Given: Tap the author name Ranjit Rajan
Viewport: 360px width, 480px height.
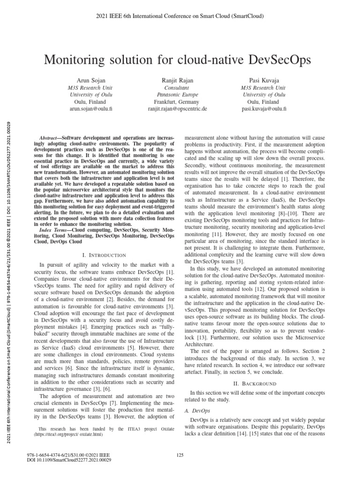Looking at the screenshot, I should (177, 81).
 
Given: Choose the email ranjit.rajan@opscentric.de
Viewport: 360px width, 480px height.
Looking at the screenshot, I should (177, 109).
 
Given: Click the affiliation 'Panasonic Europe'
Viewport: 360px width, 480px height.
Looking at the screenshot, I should (177, 95).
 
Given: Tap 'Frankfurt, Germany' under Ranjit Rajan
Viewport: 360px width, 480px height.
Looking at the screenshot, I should (177, 102).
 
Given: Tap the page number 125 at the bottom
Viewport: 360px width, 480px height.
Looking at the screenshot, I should (180, 454).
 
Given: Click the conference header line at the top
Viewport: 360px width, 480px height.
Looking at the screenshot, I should (180, 16).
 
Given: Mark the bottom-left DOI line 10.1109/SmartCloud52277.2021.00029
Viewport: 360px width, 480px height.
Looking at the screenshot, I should (70, 461).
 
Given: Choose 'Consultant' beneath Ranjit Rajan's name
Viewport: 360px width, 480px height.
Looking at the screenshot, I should (177, 88).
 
